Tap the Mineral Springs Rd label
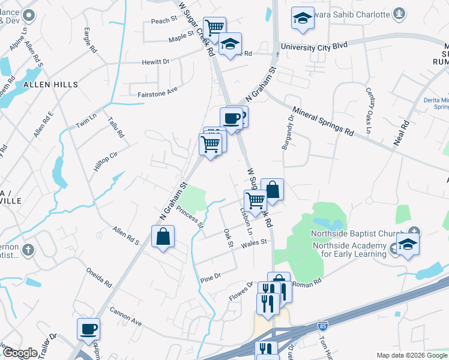(323, 121)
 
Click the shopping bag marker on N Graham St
(163, 236)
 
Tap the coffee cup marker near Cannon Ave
(88, 329)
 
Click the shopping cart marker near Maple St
(214, 27)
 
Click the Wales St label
(254, 244)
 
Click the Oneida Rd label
(99, 277)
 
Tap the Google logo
(20, 353)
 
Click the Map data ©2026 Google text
(411, 355)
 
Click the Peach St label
(164, 20)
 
